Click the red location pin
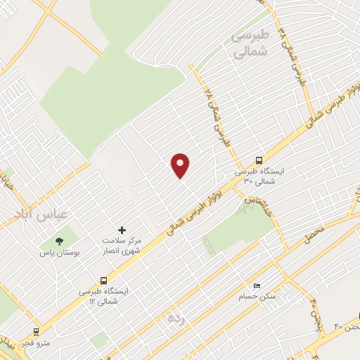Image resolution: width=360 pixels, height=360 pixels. [x=181, y=165]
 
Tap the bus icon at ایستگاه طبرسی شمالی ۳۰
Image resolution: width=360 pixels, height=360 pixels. [x=259, y=160]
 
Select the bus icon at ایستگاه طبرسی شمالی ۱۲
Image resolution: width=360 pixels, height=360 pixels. [x=104, y=278]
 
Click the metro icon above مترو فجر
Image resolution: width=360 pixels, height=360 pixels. [x=36, y=331]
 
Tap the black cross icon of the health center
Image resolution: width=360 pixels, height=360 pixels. [x=122, y=230]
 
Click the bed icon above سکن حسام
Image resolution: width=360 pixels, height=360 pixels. [x=257, y=286]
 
